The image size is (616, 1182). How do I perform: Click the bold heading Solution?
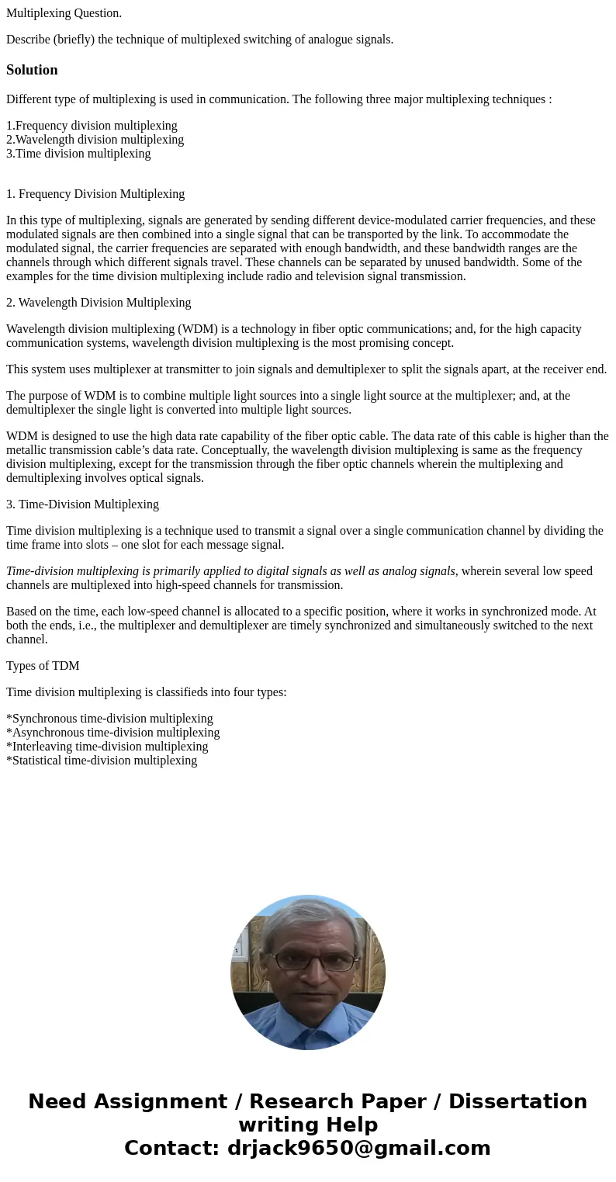click(32, 70)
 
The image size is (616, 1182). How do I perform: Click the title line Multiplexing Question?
click(64, 12)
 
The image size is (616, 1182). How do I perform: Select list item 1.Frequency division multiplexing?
click(92, 126)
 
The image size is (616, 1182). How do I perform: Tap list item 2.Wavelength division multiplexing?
click(95, 140)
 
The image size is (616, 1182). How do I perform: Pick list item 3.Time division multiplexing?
click(78, 154)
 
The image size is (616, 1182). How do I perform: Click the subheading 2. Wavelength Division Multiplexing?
click(99, 303)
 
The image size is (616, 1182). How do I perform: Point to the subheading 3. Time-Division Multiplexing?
click(82, 504)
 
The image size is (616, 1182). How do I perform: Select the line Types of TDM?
click(43, 666)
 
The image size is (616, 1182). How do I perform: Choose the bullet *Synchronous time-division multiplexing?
click(109, 719)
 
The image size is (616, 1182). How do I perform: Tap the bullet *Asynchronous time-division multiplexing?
click(112, 733)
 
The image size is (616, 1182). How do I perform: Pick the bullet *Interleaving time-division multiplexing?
click(107, 747)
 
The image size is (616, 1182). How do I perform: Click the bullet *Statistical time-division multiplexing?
click(102, 761)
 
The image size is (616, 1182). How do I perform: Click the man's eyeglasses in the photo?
click(312, 961)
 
